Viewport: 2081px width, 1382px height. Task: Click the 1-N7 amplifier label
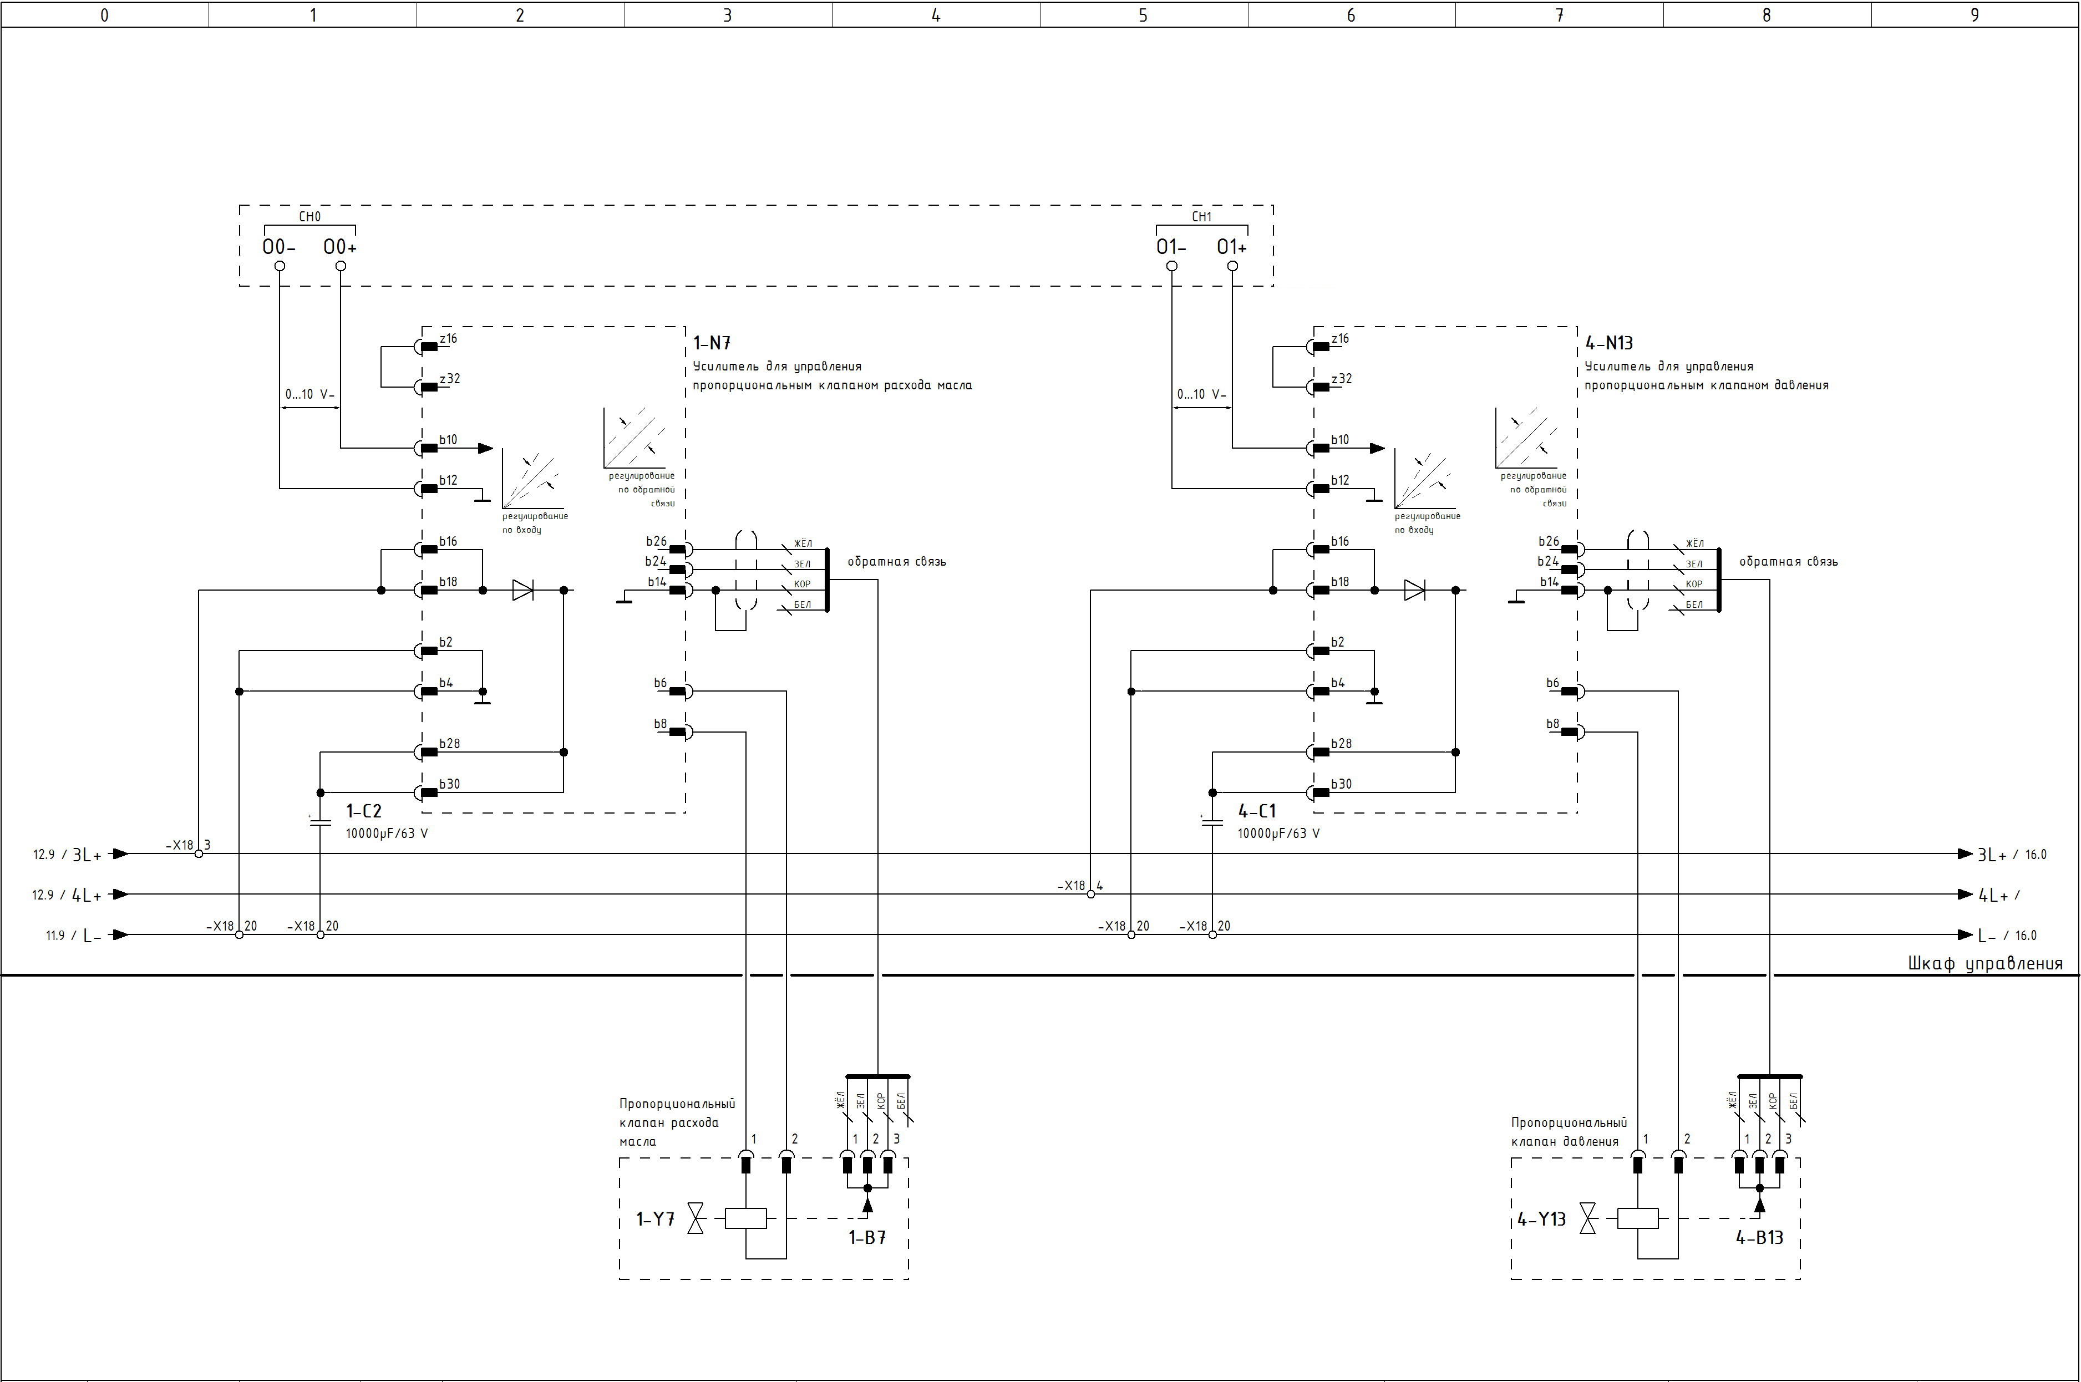712,343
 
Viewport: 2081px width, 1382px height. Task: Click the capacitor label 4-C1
1257,811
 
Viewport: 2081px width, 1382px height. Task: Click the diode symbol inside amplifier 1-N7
522,590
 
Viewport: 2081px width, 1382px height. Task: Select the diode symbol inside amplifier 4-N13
1415,590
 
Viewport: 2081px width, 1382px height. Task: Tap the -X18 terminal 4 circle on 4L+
1090,895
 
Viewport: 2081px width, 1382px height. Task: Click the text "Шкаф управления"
1985,963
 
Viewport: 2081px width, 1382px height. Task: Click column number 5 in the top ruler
1143,15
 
